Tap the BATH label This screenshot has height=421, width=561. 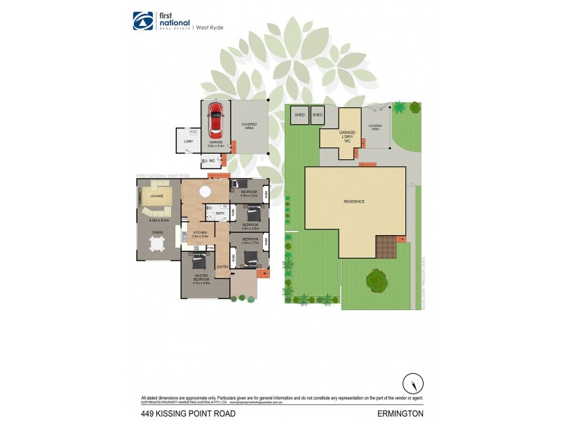[x=219, y=213]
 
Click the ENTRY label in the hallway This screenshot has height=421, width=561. [x=222, y=267]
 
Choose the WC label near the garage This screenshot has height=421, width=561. [x=211, y=161]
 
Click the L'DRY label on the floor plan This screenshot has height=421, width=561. [x=188, y=142]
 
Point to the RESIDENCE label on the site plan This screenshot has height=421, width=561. [x=354, y=201]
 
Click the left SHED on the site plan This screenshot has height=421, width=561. [x=299, y=114]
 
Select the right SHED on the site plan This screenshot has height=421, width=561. [x=318, y=114]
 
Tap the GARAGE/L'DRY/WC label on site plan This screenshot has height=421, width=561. [x=342, y=136]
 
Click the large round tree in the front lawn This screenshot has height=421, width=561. [x=377, y=281]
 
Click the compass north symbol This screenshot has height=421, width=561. [x=412, y=383]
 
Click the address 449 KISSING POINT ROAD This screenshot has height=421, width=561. [x=187, y=413]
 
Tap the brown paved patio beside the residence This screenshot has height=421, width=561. [x=385, y=246]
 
